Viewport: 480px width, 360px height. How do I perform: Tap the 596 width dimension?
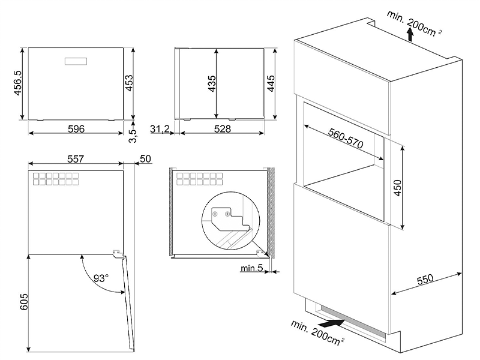pos(76,129)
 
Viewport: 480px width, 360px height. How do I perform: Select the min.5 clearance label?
pos(251,268)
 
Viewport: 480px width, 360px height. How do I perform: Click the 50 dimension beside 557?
pos(144,159)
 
